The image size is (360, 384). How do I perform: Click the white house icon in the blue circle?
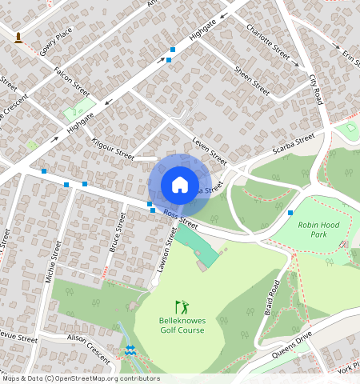coord(180,185)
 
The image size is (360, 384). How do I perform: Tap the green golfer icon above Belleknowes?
coord(182,306)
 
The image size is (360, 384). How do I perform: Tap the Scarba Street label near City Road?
coord(294,144)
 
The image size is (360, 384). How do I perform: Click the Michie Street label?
coord(56,259)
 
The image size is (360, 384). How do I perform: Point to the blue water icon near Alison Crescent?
coord(130,350)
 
